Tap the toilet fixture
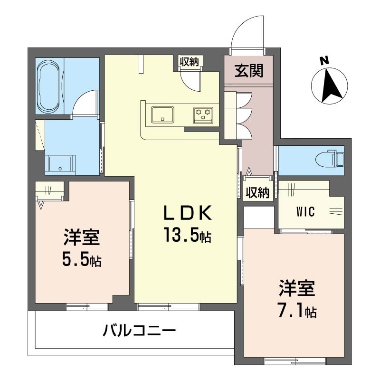pos(330,160)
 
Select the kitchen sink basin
pos(162,114)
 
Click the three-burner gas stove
pos(203,115)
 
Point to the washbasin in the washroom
pos(60,164)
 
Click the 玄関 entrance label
pos(249,70)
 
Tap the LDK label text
pos(188,213)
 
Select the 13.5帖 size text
pos(187,235)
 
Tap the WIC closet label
pos(305,211)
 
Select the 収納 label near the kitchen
pos(189,62)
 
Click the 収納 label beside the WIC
pos(257,193)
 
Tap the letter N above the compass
pos(324,61)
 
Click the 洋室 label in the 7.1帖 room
pos(297,288)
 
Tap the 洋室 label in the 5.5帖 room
pos(82,237)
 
